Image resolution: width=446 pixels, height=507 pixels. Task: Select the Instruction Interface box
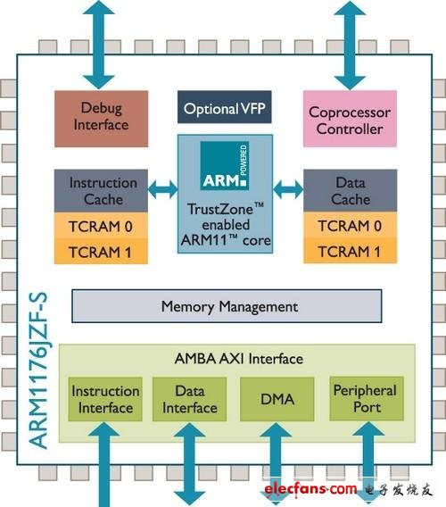(x=105, y=400)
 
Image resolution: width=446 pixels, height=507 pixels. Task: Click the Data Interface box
(x=190, y=400)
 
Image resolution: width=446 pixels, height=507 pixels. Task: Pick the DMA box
(x=278, y=400)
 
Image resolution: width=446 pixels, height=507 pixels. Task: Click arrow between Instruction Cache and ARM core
(x=162, y=189)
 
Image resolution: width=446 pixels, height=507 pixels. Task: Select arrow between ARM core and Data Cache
(x=288, y=189)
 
